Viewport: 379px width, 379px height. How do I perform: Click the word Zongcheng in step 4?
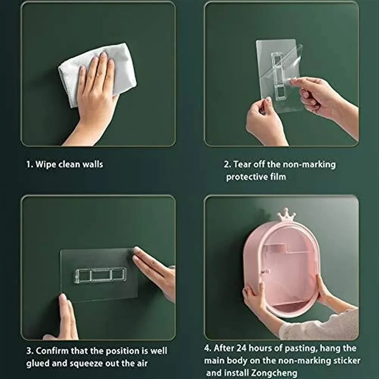click(274, 373)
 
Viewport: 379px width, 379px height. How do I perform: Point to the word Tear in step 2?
click(243, 164)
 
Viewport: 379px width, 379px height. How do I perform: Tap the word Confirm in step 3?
click(52, 351)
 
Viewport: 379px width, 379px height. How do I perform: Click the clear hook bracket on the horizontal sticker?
click(100, 275)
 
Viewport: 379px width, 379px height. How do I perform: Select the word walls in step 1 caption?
click(92, 164)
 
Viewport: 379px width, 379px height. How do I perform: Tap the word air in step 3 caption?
click(141, 363)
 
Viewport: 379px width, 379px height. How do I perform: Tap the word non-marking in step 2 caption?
click(309, 165)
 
